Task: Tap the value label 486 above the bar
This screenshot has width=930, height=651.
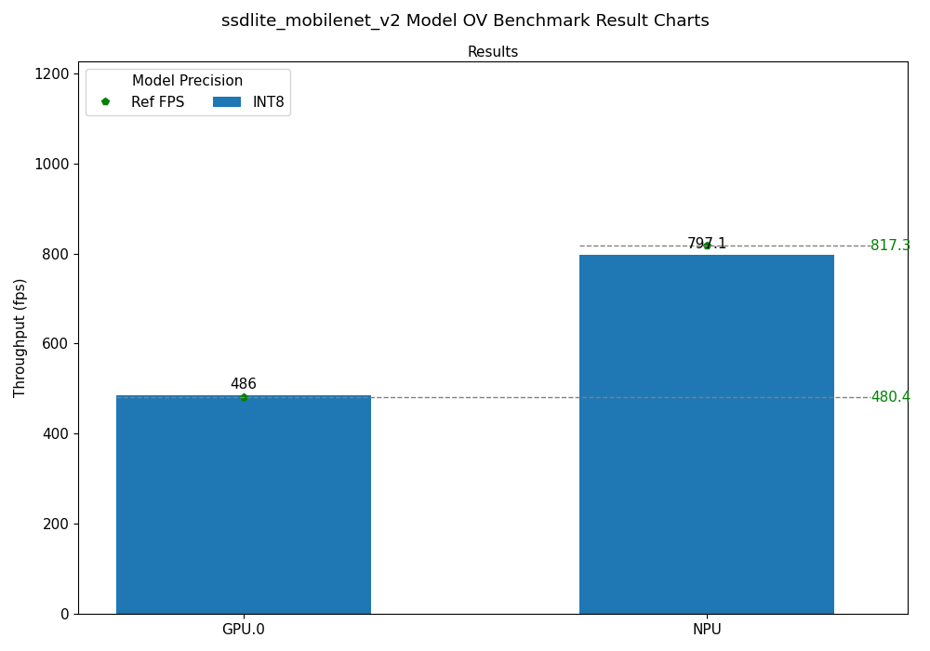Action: tap(244, 384)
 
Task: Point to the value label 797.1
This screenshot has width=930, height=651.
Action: tap(707, 244)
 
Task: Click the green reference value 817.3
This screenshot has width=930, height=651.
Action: tap(890, 246)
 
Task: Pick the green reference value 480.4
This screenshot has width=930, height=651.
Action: tap(890, 397)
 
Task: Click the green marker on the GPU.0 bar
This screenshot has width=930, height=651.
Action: tap(244, 397)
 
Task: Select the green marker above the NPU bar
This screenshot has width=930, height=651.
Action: tap(707, 246)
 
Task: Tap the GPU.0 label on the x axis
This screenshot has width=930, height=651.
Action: tap(244, 630)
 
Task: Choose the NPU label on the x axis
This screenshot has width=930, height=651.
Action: tap(707, 630)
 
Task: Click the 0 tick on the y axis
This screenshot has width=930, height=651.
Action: tap(64, 614)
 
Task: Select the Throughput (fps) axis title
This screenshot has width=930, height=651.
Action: tap(20, 338)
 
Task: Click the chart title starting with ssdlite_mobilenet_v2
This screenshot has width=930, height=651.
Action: tap(465, 20)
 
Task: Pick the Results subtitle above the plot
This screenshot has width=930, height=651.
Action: tap(493, 52)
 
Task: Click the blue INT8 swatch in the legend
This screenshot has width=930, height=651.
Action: tap(227, 102)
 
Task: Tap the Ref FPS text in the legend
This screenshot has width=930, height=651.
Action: tap(157, 102)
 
